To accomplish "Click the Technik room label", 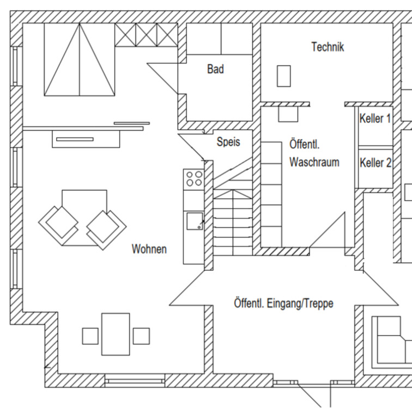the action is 328,47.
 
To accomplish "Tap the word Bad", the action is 215,69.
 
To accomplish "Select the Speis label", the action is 228,142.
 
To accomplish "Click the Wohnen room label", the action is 149,249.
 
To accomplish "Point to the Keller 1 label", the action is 375,119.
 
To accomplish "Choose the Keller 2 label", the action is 375,163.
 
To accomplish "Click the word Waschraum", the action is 314,162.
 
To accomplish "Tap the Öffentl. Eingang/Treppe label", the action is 283,303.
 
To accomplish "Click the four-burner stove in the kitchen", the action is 194,178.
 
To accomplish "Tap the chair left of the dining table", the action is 90,336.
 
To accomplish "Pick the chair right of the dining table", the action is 141,336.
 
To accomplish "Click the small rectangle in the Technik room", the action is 283,76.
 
